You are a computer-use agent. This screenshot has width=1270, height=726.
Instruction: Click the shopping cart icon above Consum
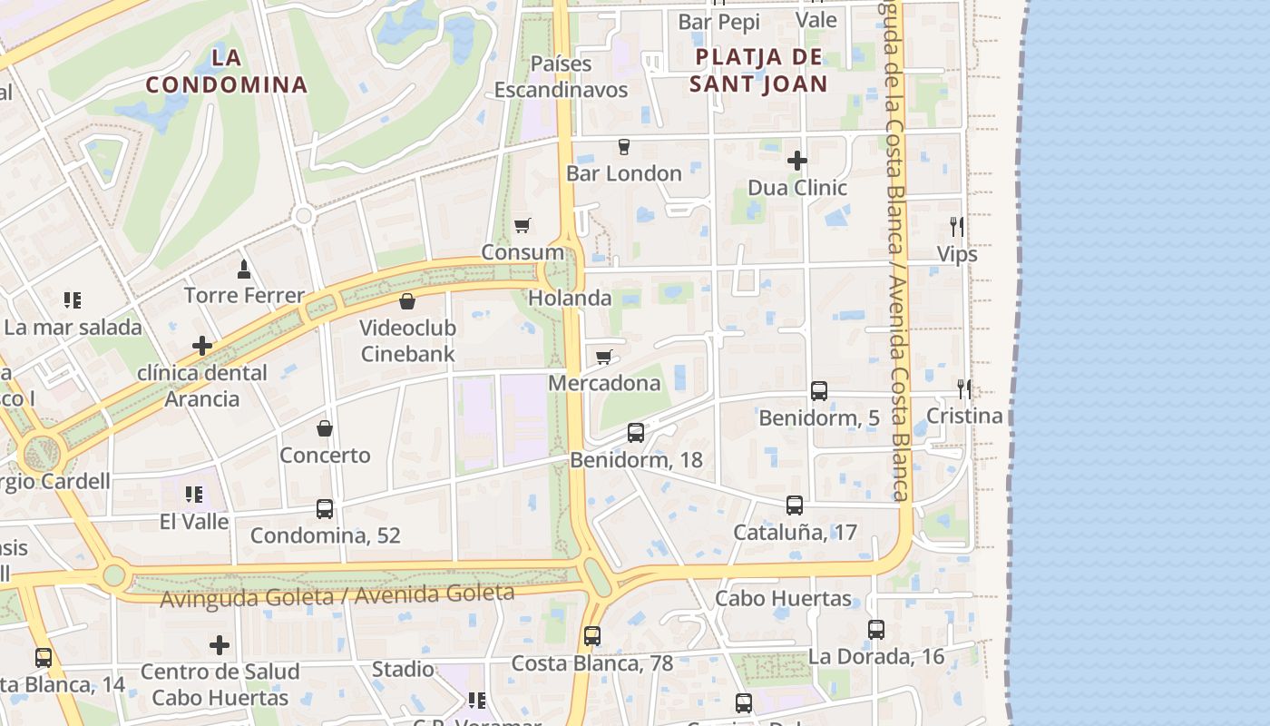tap(522, 225)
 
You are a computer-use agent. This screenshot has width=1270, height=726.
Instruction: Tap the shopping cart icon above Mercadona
tap(604, 357)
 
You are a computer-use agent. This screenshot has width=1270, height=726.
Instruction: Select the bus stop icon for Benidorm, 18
tap(636, 433)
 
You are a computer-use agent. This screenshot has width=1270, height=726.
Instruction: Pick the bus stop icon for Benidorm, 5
tap(819, 391)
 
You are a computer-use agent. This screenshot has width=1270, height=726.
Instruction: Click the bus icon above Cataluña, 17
tap(795, 505)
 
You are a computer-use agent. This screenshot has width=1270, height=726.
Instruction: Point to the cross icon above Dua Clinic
tap(797, 161)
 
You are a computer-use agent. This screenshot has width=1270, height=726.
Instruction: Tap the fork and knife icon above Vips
tap(957, 226)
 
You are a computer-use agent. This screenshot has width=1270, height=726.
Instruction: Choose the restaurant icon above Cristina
tap(964, 389)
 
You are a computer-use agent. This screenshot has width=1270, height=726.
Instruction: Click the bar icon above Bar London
tap(624, 146)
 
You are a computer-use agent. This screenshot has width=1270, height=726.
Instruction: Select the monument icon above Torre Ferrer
tap(243, 269)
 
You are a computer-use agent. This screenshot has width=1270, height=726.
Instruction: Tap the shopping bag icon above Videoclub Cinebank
tap(407, 300)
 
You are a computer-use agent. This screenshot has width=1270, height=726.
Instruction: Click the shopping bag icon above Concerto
tap(325, 428)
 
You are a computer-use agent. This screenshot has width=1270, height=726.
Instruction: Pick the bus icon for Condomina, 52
tap(325, 509)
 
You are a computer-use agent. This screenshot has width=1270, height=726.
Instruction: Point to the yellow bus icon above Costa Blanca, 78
tap(592, 636)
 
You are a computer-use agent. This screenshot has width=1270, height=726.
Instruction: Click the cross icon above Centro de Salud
tap(220, 645)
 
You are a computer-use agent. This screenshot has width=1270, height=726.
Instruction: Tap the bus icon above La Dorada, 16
tap(876, 629)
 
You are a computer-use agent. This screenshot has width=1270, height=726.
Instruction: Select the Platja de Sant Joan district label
tap(758, 71)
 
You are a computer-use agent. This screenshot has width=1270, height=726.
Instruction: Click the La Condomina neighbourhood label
tap(227, 72)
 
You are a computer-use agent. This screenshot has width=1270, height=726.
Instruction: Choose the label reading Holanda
tap(570, 298)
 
